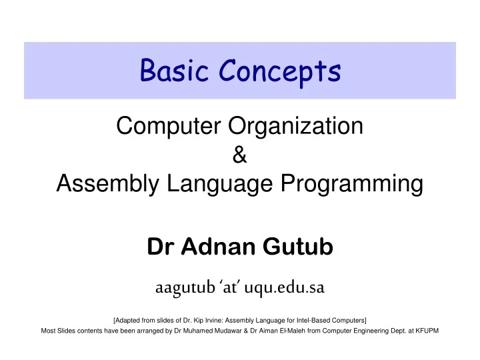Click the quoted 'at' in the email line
coord(230,288)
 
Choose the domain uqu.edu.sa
coord(287,288)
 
